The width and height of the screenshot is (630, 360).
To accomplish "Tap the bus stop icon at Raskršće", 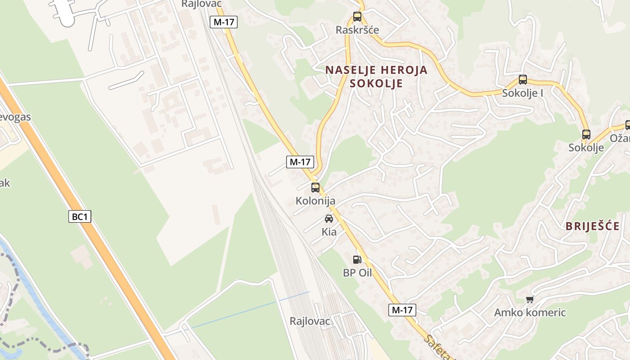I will coord(357,17).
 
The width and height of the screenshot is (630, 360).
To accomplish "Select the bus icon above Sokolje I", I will coord(522,80).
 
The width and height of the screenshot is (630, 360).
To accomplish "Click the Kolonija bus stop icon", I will coord(315,188).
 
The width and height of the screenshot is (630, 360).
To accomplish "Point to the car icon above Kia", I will coord(329,219).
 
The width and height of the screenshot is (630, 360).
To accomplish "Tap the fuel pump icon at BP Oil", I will coord(357,259).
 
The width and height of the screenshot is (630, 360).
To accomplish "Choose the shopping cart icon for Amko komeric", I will coord(530,299).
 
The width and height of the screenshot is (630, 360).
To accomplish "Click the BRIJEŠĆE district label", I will coord(593,226).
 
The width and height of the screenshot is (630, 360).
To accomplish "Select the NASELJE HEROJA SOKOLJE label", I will coord(376,77).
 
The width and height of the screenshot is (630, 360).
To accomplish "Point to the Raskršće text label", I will coord(357,30).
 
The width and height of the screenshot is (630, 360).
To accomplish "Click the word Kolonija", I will coord(315,201).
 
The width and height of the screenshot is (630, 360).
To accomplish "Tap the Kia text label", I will coord(329,232).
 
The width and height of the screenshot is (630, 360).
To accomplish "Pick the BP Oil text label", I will coord(357,273).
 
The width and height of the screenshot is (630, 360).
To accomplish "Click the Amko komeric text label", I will coord(530,312).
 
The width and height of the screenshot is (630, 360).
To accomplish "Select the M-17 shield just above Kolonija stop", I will coord(300,162).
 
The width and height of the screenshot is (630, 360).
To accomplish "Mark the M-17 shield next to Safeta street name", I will coord(402,310).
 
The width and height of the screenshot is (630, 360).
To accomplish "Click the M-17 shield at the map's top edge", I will coord(223,22).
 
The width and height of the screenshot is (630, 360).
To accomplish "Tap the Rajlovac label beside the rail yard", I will coord(310,321).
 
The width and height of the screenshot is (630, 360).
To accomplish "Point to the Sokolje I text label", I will coord(522,93).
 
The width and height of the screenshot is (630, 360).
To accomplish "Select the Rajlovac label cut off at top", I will coord(202,4).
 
